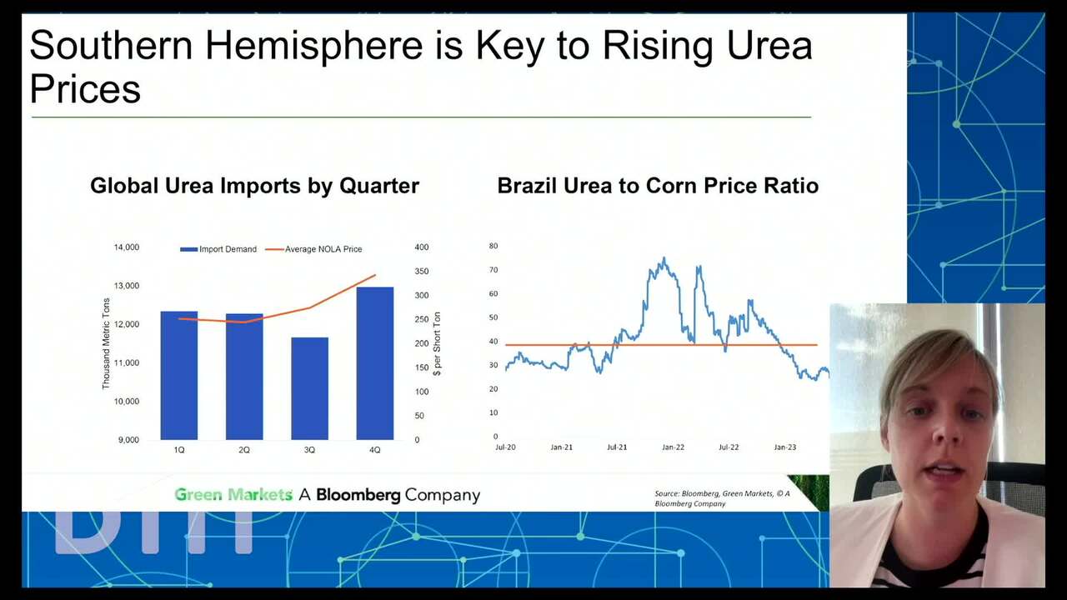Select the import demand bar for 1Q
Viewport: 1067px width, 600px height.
(179, 375)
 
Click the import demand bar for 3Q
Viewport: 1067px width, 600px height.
(309, 388)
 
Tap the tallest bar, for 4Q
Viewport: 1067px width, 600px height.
(374, 362)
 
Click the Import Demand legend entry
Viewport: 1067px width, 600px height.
(218, 249)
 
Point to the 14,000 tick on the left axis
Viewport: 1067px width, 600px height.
(126, 247)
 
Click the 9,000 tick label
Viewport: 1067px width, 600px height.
(128, 440)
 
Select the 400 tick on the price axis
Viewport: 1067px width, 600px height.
(421, 247)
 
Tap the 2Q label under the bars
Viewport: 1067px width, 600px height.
(244, 450)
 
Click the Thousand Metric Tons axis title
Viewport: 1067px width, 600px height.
(106, 343)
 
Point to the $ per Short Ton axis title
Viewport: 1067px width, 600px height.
(437, 343)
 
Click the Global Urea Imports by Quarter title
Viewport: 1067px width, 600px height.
(254, 186)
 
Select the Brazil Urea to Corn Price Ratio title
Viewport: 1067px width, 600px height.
(658, 186)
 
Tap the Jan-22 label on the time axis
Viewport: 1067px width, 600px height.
(673, 447)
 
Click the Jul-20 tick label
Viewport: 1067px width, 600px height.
(505, 447)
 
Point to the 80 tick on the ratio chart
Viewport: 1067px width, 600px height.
(493, 247)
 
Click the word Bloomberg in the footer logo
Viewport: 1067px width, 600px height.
(358, 495)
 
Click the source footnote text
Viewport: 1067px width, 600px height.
(722, 498)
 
